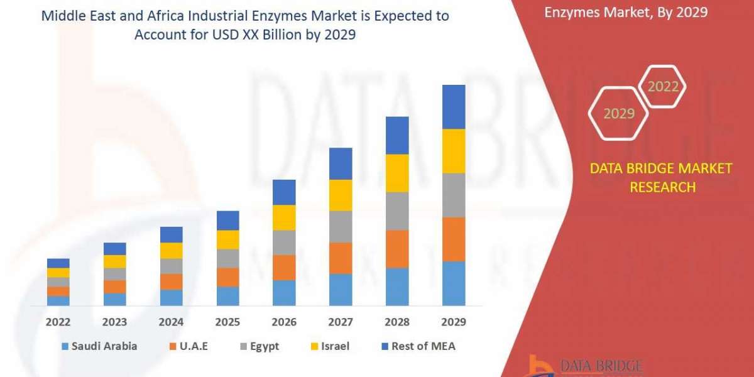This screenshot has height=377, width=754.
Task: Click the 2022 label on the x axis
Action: click(58, 322)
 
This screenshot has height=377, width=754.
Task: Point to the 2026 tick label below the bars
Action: click(284, 322)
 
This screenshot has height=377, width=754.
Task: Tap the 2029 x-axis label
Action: click(454, 322)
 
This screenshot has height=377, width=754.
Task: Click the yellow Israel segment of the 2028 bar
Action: click(397, 173)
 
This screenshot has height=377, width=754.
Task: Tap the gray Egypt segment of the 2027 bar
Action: click(341, 226)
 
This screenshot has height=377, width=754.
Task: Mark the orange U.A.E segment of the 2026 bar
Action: click(284, 267)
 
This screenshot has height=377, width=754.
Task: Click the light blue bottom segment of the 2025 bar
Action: click(227, 296)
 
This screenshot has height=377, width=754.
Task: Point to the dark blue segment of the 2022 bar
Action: click(58, 263)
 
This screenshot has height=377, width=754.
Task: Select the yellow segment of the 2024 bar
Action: click(171, 250)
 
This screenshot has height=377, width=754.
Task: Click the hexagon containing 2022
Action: click(662, 86)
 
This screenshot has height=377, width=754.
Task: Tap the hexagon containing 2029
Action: click(618, 114)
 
